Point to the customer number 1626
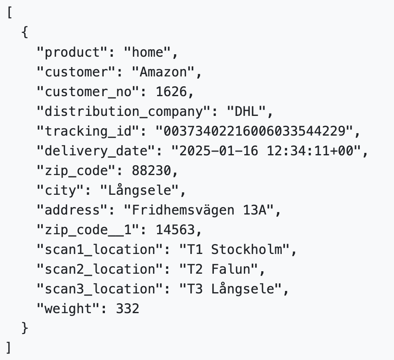(x=172, y=92)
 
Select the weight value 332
(x=127, y=309)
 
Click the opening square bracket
(x=9, y=13)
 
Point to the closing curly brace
(x=25, y=329)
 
